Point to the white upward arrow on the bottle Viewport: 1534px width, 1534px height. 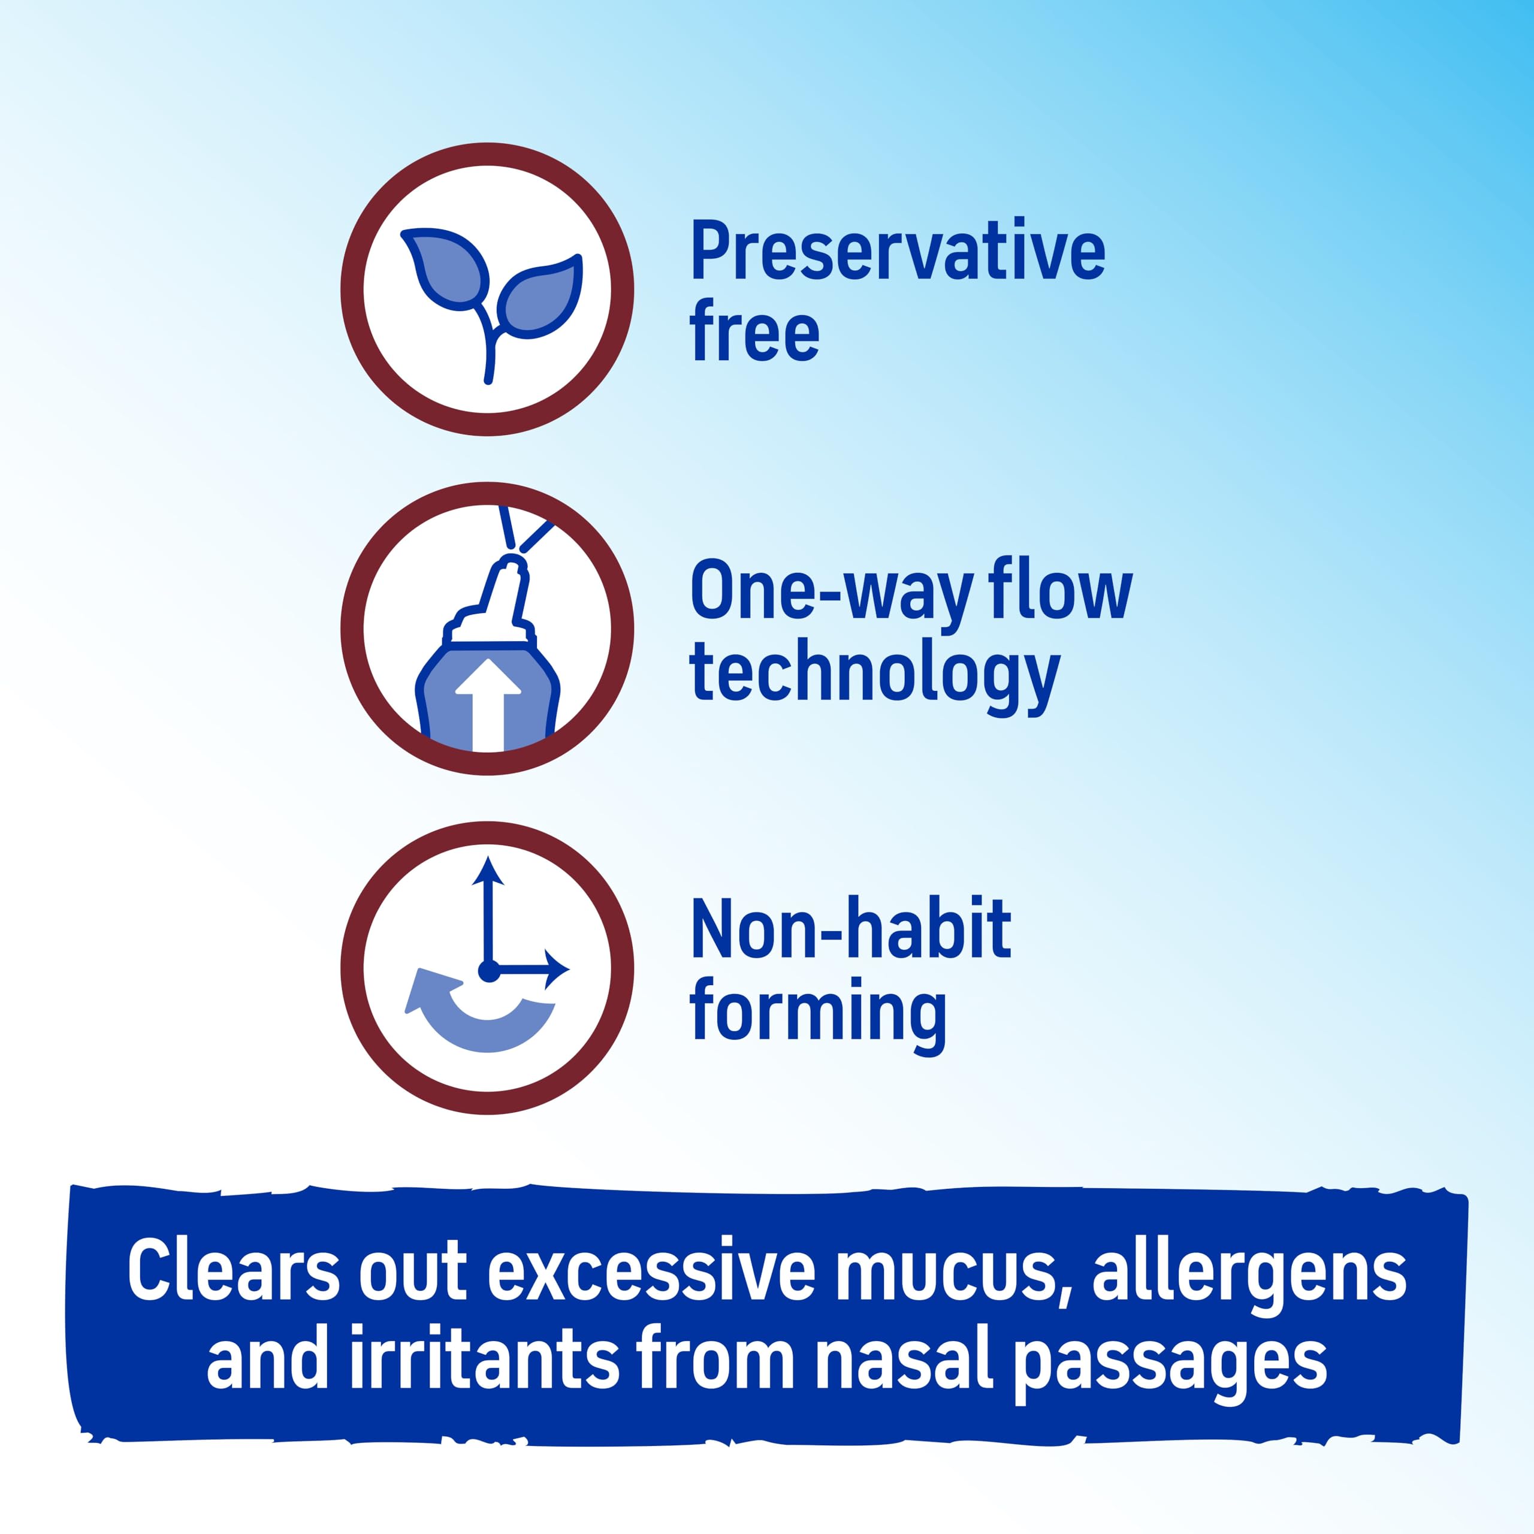point(488,703)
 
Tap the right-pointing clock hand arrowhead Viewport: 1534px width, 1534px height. point(557,970)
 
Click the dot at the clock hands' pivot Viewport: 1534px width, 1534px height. point(488,970)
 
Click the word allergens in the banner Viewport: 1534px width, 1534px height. point(1248,1273)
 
